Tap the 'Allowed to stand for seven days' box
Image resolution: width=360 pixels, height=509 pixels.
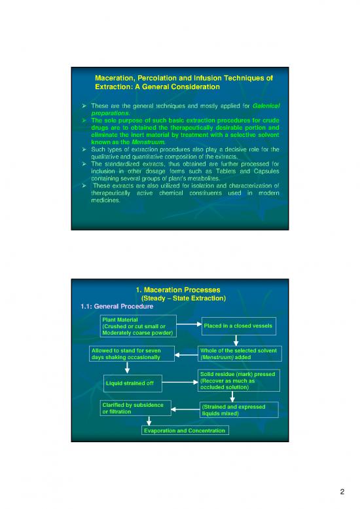[132, 354]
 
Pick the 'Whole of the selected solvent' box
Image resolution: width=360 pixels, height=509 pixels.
[240, 354]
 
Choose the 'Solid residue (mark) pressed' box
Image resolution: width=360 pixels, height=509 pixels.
[239, 381]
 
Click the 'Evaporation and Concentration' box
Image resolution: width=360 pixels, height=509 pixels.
[185, 430]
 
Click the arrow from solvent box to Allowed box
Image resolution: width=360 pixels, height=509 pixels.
[186, 354]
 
